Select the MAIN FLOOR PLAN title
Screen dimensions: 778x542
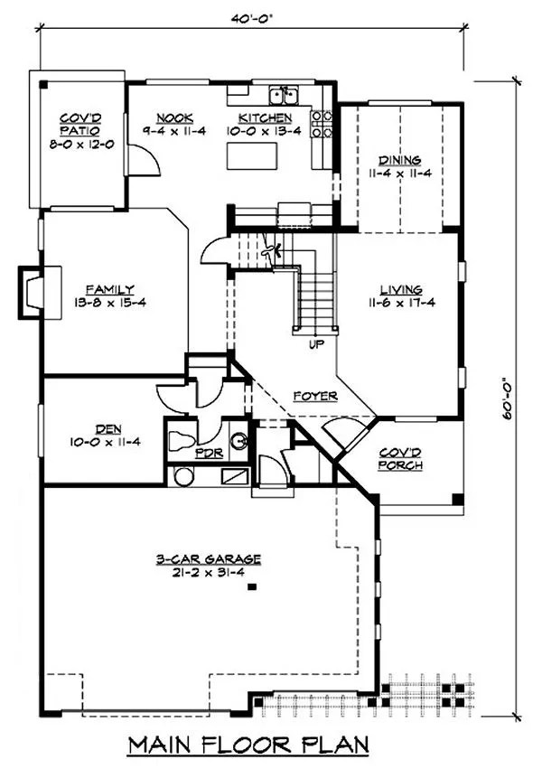(248, 745)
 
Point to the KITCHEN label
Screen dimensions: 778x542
(265, 118)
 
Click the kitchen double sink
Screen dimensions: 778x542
(285, 94)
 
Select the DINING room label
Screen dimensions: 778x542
(398, 162)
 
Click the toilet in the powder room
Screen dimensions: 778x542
(180, 441)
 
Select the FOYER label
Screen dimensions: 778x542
(315, 396)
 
